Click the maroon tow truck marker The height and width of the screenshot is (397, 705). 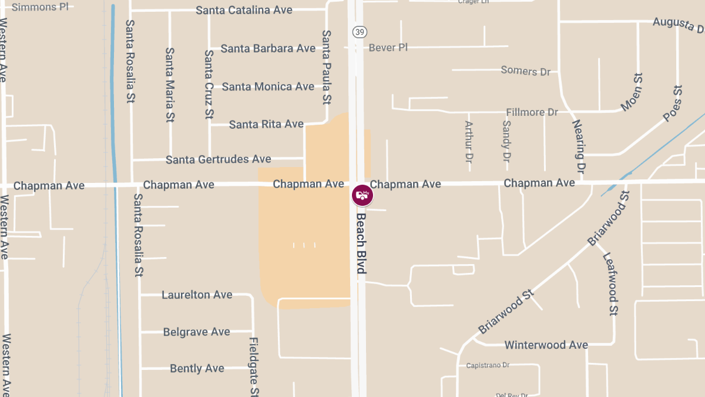pos(362,195)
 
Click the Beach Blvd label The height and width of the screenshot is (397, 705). pos(361,243)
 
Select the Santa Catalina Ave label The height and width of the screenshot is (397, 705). pos(244,11)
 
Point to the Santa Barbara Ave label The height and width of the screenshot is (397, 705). pos(268,49)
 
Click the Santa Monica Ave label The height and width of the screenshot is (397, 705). pos(268,87)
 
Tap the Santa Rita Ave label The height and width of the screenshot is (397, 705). pos(266,124)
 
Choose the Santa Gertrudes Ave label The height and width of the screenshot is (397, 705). pos(219,159)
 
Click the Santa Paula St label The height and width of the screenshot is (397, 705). pos(327,66)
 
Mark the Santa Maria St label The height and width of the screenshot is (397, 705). pos(170,85)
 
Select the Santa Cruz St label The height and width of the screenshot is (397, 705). pos(209,84)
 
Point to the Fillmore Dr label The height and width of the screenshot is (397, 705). pos(532,112)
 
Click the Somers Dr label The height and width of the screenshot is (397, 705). pos(525,71)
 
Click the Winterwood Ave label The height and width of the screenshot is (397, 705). pos(546,345)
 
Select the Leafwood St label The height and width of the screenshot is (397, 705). pos(611,284)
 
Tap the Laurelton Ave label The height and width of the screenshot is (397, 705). pos(197,295)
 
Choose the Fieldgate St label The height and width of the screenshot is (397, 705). pos(254,367)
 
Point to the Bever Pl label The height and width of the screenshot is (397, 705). pos(388,48)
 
